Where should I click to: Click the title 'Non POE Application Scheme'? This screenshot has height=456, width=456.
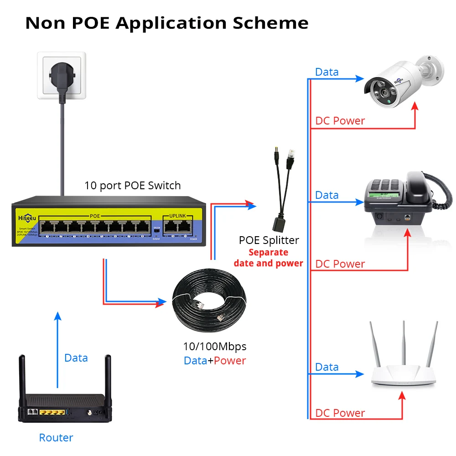tap(166, 23)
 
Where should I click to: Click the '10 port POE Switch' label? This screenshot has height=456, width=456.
tap(132, 186)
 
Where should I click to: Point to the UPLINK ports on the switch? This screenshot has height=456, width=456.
tap(178, 227)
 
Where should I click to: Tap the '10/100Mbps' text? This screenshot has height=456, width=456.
tap(214, 347)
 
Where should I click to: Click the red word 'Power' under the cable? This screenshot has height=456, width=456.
tap(230, 361)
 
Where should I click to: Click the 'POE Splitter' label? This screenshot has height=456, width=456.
tap(269, 240)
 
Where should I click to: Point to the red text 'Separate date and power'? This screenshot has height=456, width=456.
tap(268, 258)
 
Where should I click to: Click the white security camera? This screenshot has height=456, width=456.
tap(401, 82)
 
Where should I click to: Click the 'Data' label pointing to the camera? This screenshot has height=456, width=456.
tap(326, 72)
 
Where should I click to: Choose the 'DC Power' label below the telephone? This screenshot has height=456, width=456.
tap(340, 264)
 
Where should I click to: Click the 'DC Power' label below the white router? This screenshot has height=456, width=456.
tap(340, 413)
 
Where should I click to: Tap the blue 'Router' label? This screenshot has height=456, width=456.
tap(56, 438)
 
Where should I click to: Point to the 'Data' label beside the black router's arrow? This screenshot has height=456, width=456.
tap(76, 358)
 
